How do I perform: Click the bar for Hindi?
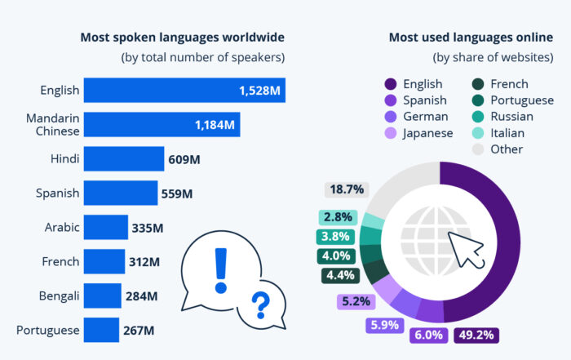(122, 158)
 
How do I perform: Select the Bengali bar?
(101, 296)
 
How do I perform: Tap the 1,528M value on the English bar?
(260, 91)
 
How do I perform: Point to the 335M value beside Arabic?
(148, 227)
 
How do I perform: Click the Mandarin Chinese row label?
(51, 125)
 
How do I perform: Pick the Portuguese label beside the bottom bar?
(48, 330)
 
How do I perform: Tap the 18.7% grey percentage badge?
(345, 189)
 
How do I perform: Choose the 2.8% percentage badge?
(336, 217)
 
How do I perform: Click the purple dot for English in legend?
(389, 84)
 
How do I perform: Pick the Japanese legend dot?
(389, 133)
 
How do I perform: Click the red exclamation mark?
(219, 269)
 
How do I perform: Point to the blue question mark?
(260, 304)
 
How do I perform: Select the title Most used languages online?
(470, 38)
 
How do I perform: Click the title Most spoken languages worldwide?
(182, 38)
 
